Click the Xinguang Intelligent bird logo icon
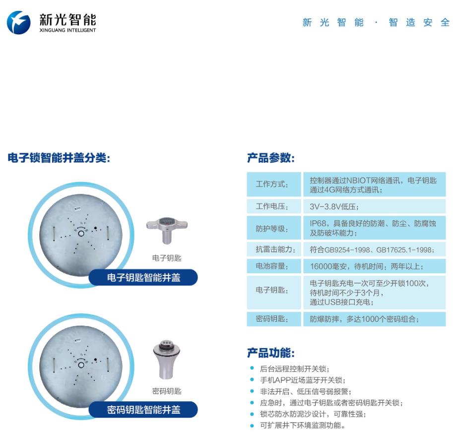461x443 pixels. pyautogui.click(x=18, y=22)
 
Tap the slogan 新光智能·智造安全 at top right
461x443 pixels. pyautogui.click(x=376, y=23)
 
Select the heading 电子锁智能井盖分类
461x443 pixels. pyautogui.click(x=59, y=158)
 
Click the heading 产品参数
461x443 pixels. pyautogui.click(x=271, y=159)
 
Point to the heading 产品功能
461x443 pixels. pyautogui.click(x=271, y=354)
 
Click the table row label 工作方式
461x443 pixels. pyautogui.click(x=272, y=184)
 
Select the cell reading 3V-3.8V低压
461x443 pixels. pyautogui.click(x=334, y=207)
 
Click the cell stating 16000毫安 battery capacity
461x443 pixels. pyautogui.click(x=366, y=266)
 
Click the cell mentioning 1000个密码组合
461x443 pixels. pyautogui.click(x=364, y=319)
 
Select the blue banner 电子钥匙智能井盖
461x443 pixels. pyautogui.click(x=143, y=277)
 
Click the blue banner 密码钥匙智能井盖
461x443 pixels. pyautogui.click(x=143, y=410)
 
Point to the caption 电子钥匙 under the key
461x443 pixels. pyautogui.click(x=167, y=258)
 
